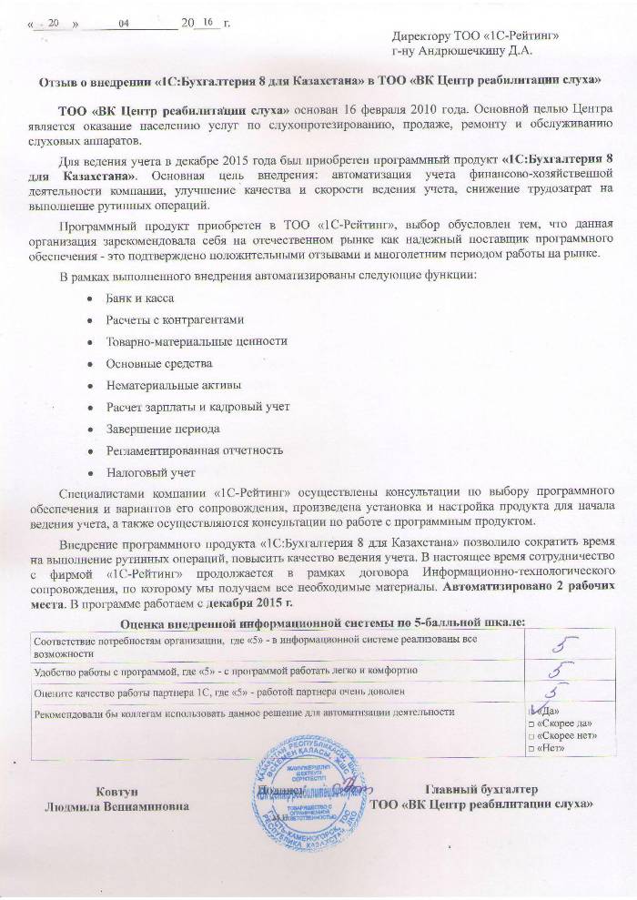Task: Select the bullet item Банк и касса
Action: click(140, 298)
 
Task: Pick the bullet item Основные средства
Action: click(148, 363)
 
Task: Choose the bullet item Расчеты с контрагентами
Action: click(175, 319)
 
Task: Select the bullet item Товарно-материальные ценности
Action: click(187, 341)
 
